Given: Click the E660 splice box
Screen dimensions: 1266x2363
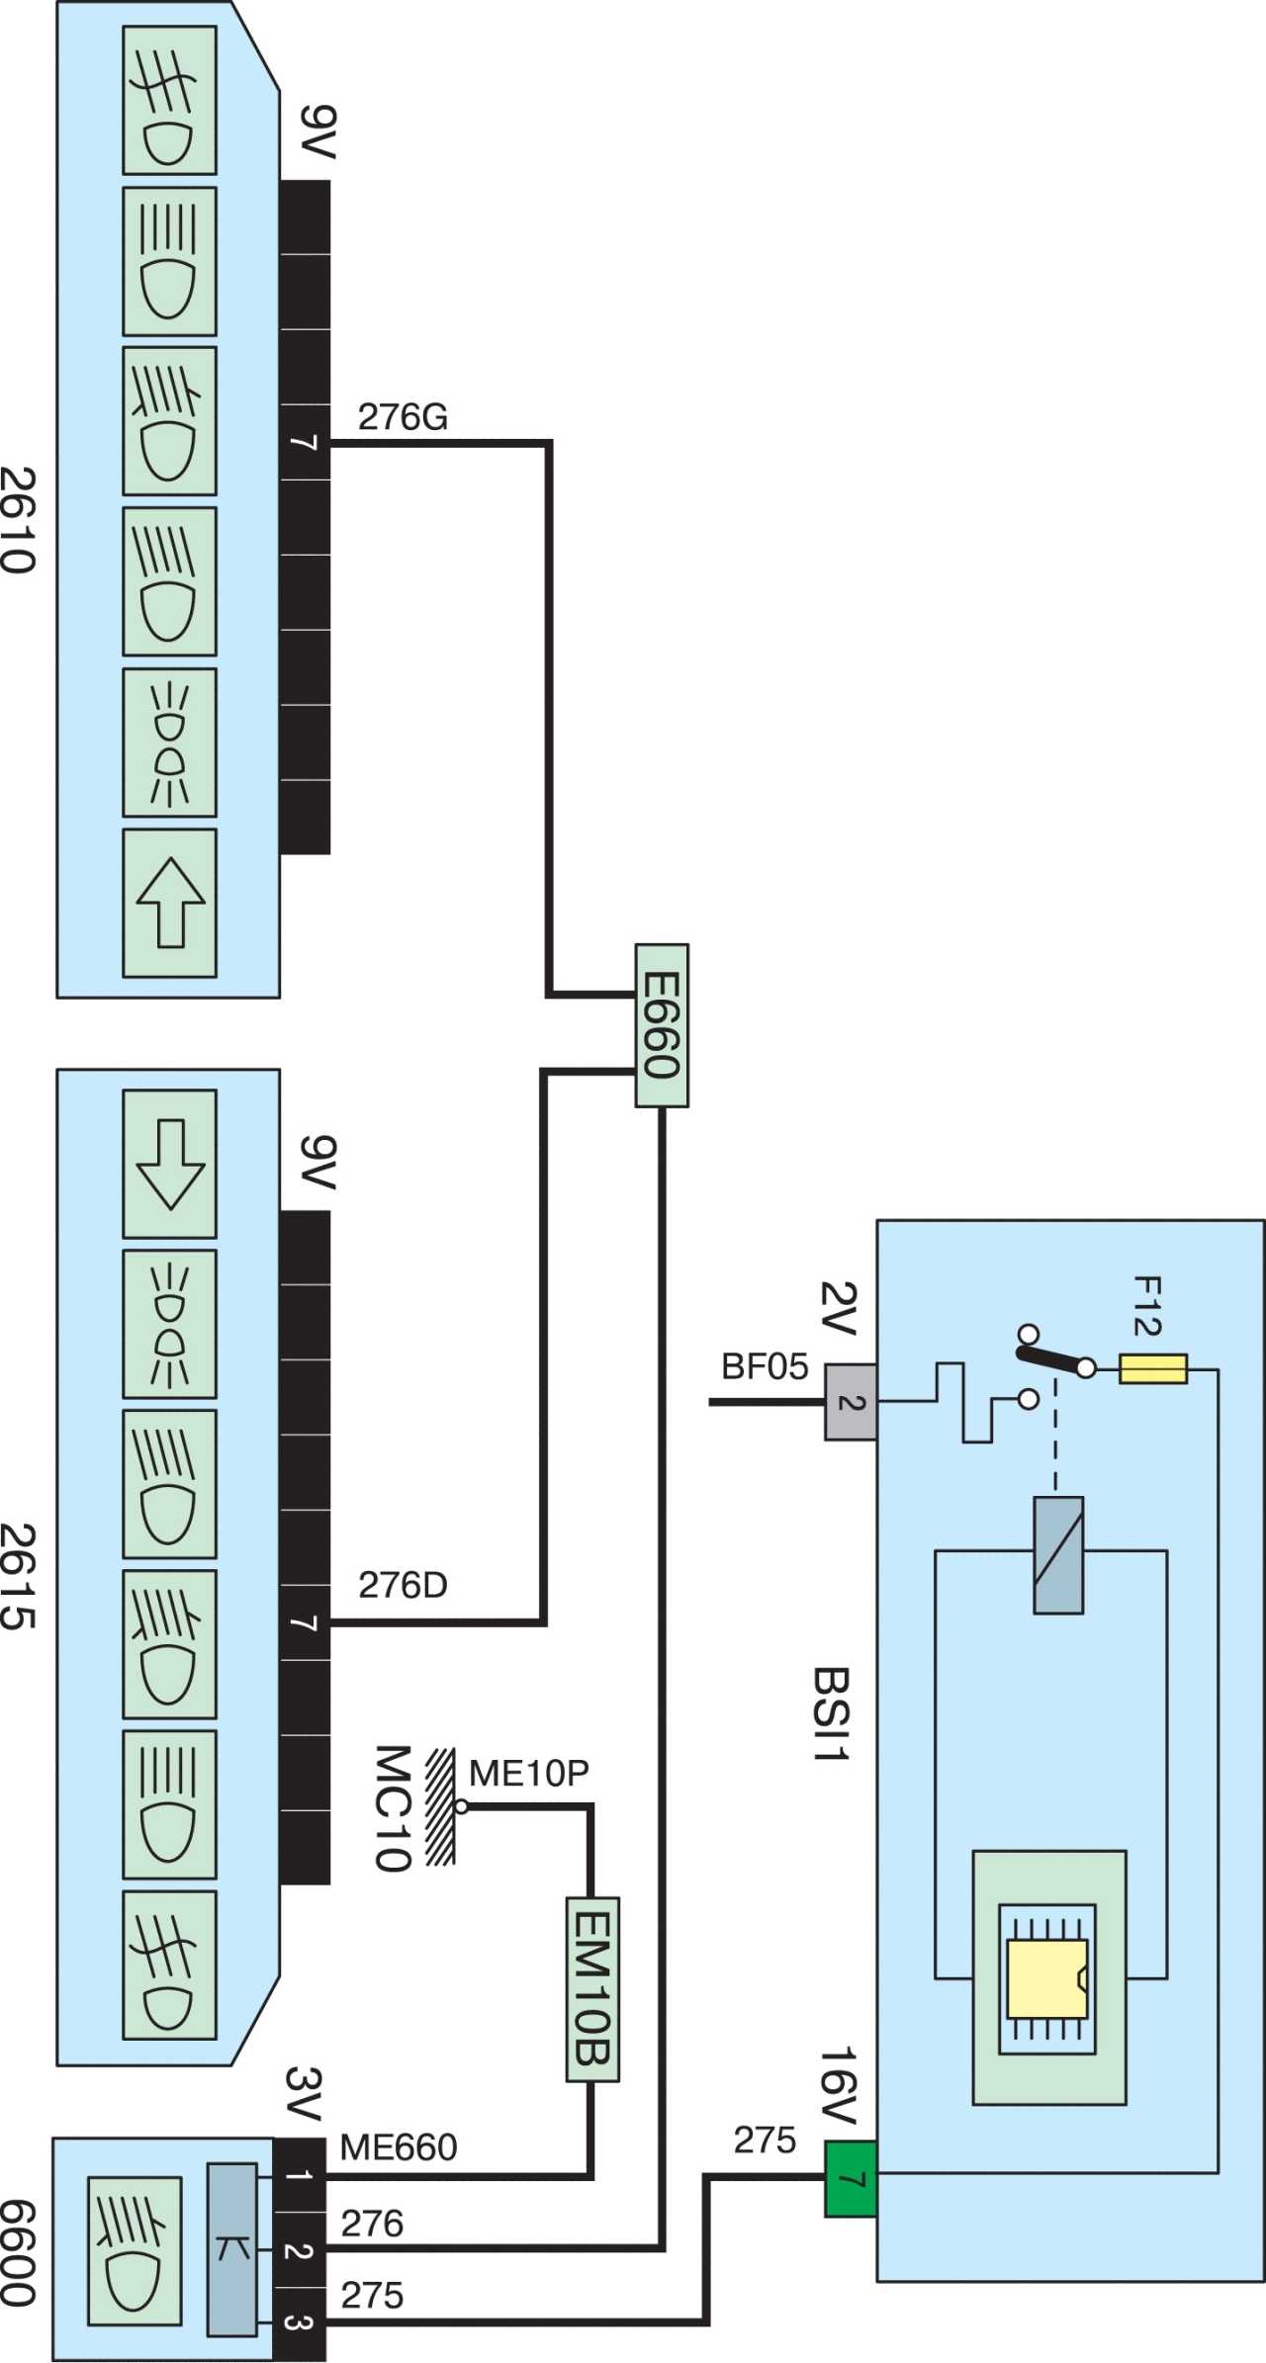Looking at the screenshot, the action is coord(661,1025).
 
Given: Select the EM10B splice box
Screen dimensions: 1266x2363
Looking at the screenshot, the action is coord(592,1989).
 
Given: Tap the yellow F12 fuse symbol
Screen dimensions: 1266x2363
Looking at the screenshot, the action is coord(1153,1369).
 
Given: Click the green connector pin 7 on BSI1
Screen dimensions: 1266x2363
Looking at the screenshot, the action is coord(851,2179).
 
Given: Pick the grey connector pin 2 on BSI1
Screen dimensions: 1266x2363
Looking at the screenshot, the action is coord(851,1402).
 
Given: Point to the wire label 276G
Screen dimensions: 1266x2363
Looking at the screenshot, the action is coord(403,417).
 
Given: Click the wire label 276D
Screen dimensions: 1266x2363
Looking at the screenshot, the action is coord(403,1585).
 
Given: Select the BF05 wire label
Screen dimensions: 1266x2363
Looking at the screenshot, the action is coord(765,1366).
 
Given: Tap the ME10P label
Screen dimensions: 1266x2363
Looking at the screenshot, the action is coord(529,1773).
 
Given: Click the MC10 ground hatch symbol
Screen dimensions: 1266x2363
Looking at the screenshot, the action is coord(440,1806).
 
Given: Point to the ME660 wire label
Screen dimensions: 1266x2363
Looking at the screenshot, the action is coord(399,2146).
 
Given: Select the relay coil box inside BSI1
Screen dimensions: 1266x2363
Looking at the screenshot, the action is coord(1058,1555).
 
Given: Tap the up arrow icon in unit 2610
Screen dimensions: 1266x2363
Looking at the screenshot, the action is coord(170,903).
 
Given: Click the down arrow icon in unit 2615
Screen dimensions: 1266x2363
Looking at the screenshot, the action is coord(170,1165).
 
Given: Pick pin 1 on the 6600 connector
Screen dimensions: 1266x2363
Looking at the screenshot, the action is coord(300,2175).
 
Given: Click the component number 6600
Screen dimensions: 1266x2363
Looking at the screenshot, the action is coord(19,2253).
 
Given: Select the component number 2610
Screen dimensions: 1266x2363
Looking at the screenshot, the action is coord(19,520).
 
